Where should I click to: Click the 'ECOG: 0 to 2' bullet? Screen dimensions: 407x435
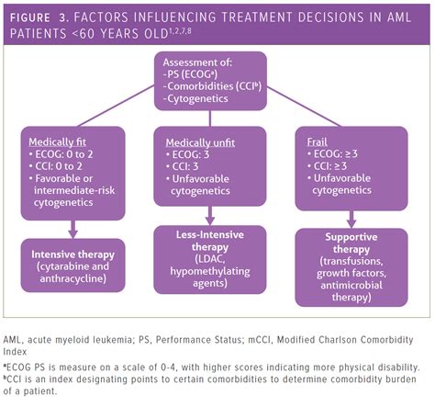coord(67,156)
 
